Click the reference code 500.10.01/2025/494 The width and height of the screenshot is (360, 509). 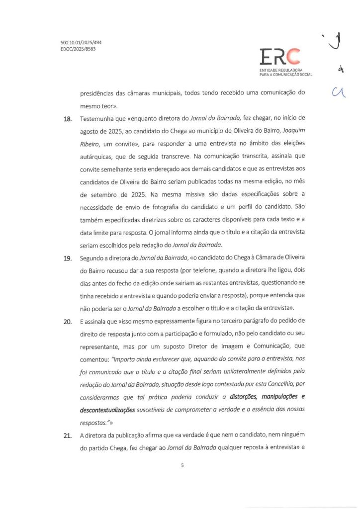pyautogui.click(x=77, y=43)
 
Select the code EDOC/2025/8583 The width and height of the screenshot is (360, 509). pyautogui.click(x=75, y=50)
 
